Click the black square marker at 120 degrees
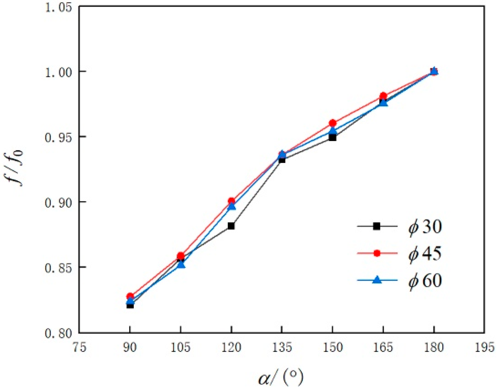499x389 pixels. pyautogui.click(x=231, y=226)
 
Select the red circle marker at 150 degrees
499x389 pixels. pyautogui.click(x=333, y=123)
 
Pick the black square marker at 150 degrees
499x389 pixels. pyautogui.click(x=333, y=138)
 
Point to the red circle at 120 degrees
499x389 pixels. pyautogui.click(x=231, y=201)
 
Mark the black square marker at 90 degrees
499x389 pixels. pyautogui.click(x=130, y=305)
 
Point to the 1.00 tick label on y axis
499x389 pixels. pyautogui.click(x=58, y=72)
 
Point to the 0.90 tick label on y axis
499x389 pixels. pyautogui.click(x=58, y=202)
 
